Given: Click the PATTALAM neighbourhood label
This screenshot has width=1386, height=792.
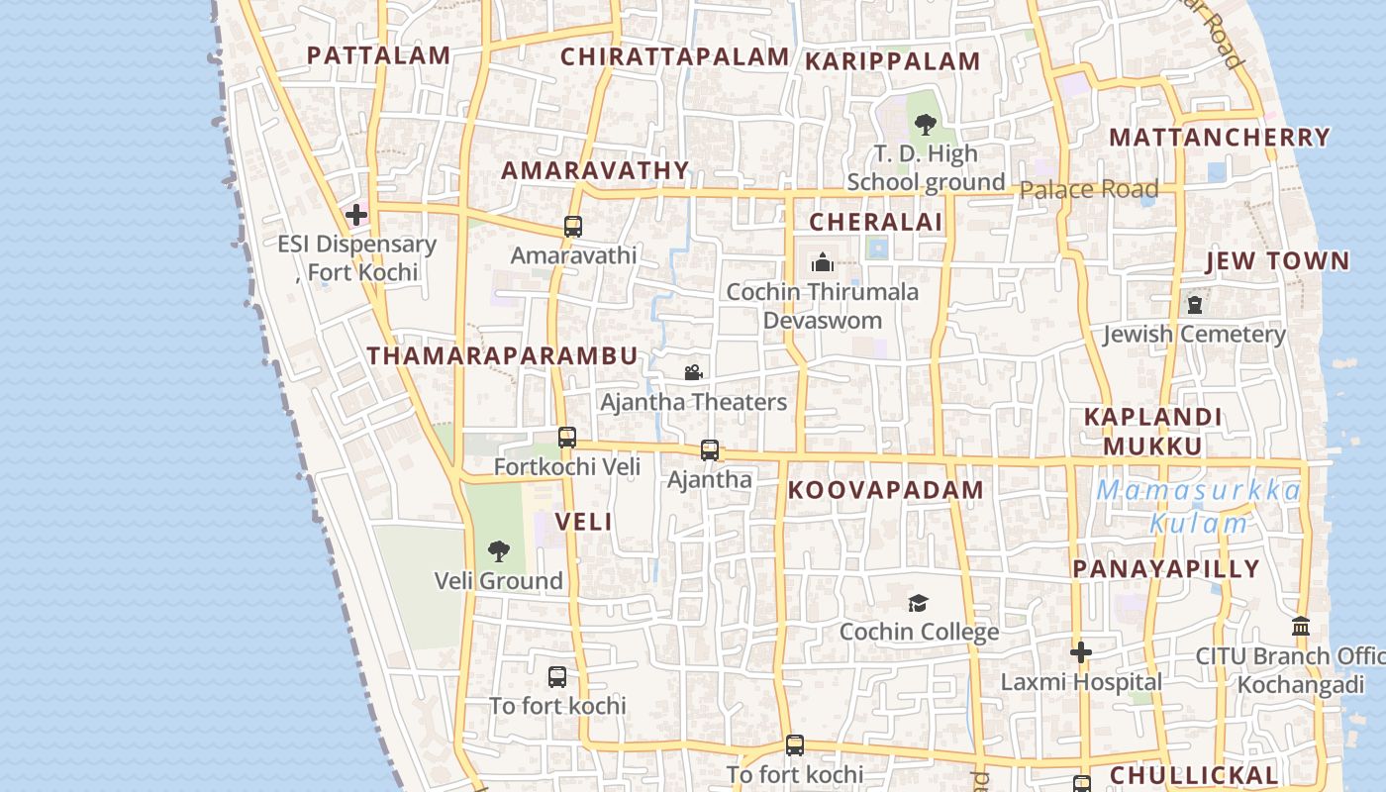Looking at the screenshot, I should click(x=378, y=55).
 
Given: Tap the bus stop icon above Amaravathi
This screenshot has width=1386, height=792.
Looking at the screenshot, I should click(x=572, y=227).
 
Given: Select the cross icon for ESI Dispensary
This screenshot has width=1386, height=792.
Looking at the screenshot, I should click(x=355, y=214).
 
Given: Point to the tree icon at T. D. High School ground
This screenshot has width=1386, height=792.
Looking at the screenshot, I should click(x=926, y=125).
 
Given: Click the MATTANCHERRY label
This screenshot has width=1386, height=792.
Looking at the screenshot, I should click(x=1219, y=138).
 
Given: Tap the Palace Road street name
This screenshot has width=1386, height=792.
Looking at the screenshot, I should click(x=1088, y=189).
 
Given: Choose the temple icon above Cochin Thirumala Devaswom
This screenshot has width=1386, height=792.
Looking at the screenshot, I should click(x=822, y=262).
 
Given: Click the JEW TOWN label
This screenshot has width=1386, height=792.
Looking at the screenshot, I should click(x=1277, y=261).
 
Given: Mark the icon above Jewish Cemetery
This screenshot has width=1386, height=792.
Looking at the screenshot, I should click(x=1195, y=304).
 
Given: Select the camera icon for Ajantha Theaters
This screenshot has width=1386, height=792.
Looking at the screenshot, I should click(x=693, y=372).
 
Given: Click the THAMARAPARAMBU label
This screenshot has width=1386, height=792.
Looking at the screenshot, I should click(x=502, y=356).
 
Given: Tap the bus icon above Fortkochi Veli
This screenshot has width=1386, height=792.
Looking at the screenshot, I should click(x=566, y=437).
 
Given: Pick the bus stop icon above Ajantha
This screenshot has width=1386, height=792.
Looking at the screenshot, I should click(x=709, y=450).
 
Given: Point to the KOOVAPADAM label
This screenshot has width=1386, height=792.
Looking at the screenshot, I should click(x=886, y=490).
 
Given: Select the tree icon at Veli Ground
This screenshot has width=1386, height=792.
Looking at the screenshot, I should click(x=499, y=551).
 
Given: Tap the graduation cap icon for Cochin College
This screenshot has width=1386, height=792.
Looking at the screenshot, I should click(x=918, y=603).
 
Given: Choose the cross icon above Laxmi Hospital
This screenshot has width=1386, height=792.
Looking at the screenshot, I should click(x=1081, y=652).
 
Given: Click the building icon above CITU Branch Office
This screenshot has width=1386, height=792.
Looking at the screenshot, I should click(x=1301, y=627).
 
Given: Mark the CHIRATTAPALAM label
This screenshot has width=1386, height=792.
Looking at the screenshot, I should click(x=674, y=57).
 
